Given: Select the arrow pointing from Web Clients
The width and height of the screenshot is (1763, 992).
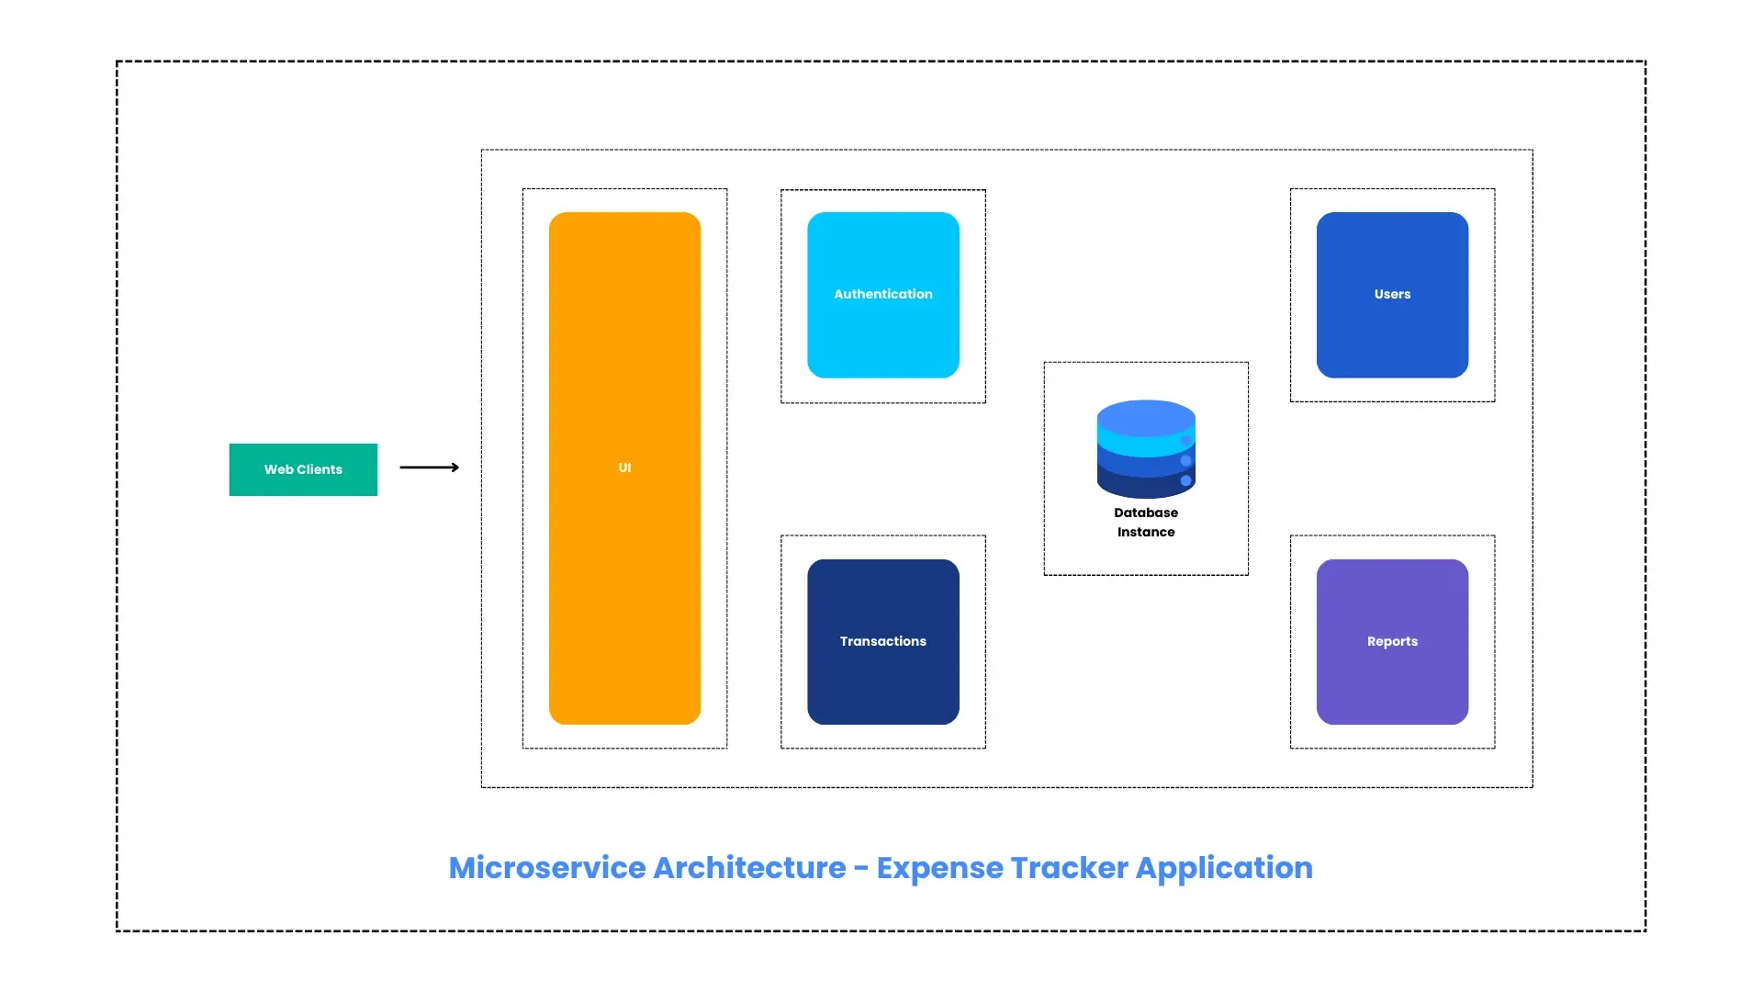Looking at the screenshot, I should click(430, 468).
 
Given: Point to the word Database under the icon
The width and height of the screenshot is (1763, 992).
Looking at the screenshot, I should click(1146, 513).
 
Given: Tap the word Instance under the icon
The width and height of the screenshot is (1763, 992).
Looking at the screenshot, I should click(1146, 532).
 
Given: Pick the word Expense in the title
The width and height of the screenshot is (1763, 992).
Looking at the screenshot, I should click(939, 869).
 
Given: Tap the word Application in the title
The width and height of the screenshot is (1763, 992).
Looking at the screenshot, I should click(1224, 869).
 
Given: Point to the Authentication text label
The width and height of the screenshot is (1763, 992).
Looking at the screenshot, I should click(883, 294).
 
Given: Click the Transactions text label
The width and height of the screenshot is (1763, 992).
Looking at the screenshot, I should click(883, 641).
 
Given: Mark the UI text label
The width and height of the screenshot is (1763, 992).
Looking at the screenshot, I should click(624, 468).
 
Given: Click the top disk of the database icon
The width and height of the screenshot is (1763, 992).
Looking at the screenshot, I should click(1146, 417).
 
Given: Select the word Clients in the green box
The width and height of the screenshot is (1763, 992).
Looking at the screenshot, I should click(320, 469).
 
